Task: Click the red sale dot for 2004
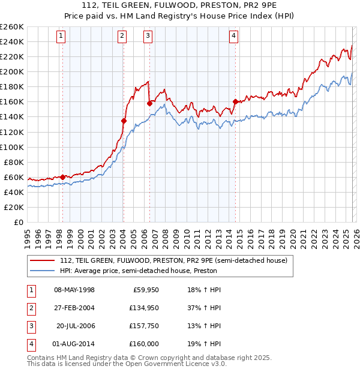coord(124,121)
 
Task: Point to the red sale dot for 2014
coord(235,101)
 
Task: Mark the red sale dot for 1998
coord(62,176)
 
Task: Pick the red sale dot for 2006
coord(149,103)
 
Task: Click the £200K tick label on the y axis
coord(11,71)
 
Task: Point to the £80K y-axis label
coord(13,162)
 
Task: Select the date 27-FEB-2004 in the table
coord(74,308)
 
